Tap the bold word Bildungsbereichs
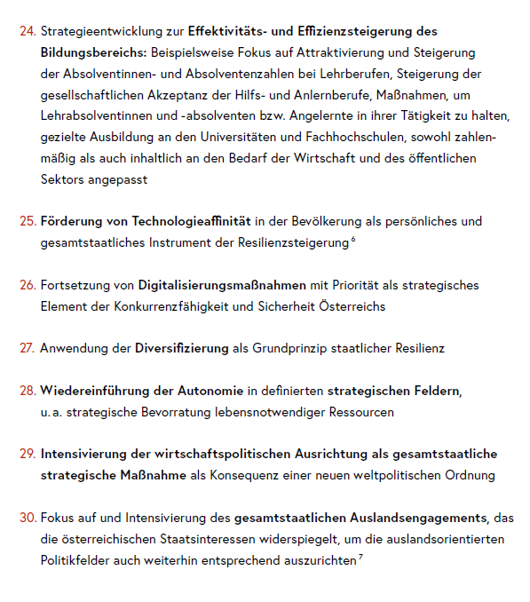pos(96,52)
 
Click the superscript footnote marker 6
pos(353,239)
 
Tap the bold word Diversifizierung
pos(181,348)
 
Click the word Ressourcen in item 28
pos(361,412)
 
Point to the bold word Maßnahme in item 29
pos(155,475)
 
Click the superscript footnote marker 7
pos(360,557)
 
